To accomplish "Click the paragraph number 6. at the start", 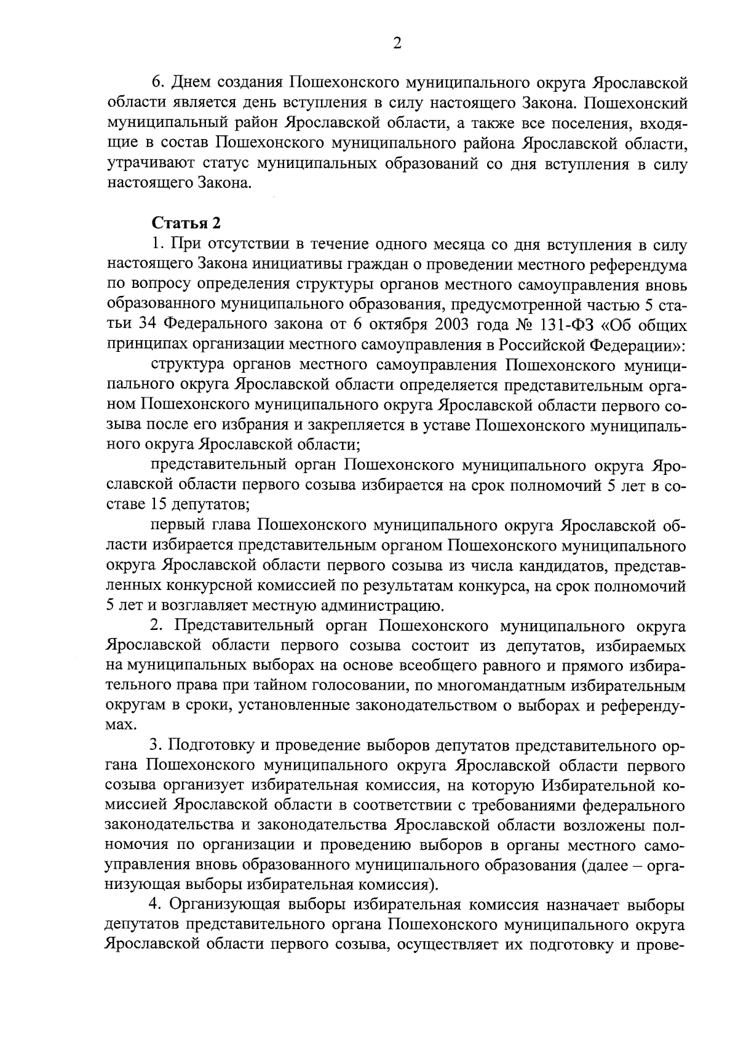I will coord(157,83).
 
